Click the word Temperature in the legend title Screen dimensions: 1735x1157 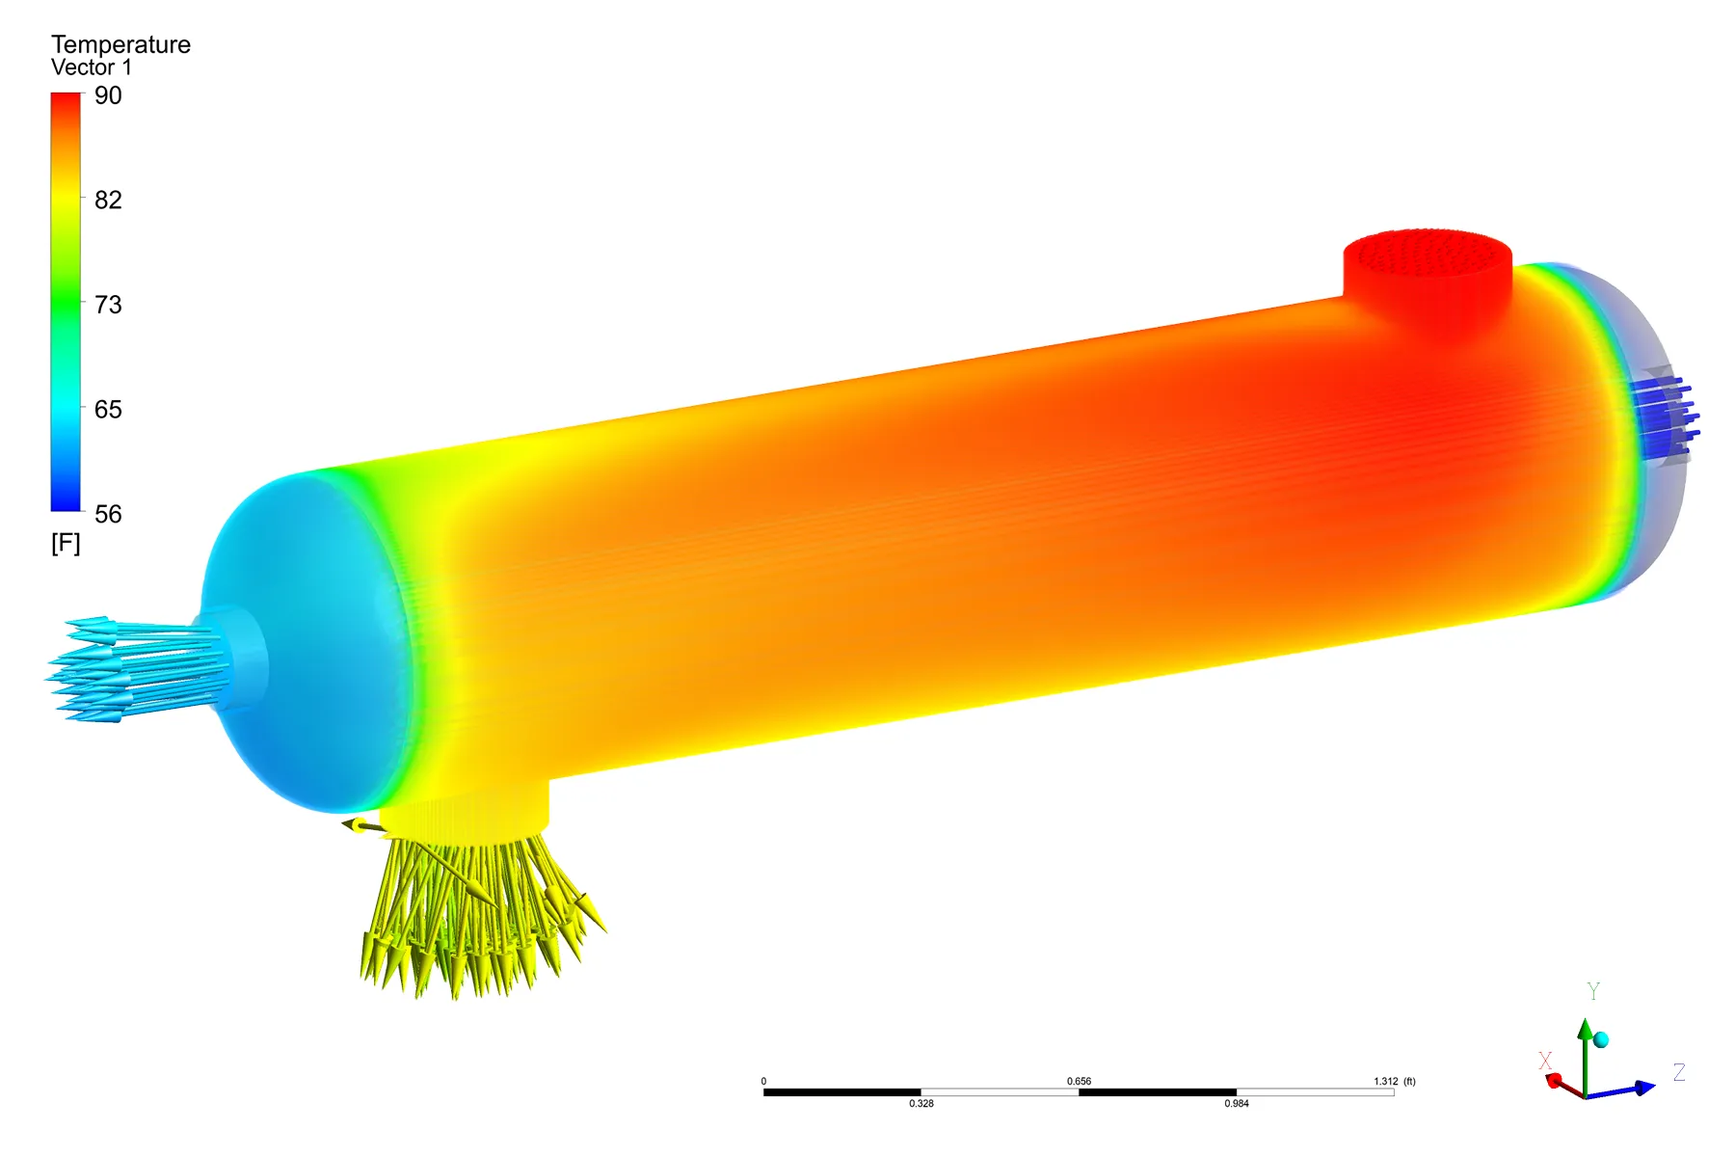pyautogui.click(x=120, y=44)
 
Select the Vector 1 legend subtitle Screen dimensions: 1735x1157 pyautogui.click(x=91, y=67)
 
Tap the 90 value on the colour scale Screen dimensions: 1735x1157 pyautogui.click(x=108, y=95)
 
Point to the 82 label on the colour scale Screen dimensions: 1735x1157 pyautogui.click(x=108, y=200)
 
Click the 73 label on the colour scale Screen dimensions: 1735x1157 pyautogui.click(x=108, y=305)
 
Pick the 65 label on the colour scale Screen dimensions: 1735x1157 pyautogui.click(x=108, y=409)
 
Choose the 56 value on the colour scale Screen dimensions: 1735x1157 pyautogui.click(x=108, y=514)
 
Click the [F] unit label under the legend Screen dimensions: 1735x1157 pyautogui.click(x=66, y=543)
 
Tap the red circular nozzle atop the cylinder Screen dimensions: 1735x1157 pyautogui.click(x=1428, y=275)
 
